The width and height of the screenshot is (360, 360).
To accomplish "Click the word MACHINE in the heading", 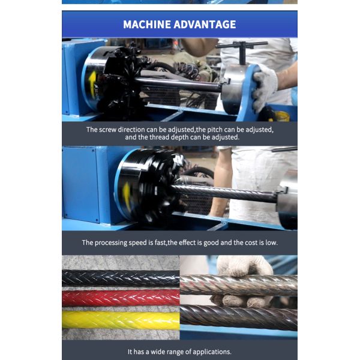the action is coord(146,25).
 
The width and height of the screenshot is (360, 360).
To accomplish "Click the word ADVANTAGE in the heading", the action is coord(205,25).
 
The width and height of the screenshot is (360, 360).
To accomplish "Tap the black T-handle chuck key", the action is coord(242,50).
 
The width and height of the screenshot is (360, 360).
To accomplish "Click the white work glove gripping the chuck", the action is coord(265,88).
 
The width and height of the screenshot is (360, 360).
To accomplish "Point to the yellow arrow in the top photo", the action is coord(93,84).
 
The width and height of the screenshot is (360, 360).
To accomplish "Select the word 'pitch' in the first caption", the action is coord(215,130).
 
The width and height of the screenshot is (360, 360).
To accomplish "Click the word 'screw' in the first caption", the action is coord(108,130).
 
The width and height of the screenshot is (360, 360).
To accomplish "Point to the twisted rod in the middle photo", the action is coord(224,193).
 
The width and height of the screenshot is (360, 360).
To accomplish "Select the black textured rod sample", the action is coord(121,278).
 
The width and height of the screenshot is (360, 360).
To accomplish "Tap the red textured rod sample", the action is coord(121,298).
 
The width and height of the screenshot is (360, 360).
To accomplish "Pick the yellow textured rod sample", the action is coord(121,320).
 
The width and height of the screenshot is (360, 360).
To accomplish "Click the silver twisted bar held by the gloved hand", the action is coord(239,285).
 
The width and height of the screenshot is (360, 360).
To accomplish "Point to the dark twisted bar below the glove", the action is coord(239,317).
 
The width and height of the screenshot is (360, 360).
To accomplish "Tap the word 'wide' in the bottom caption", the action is coord(158,352).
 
